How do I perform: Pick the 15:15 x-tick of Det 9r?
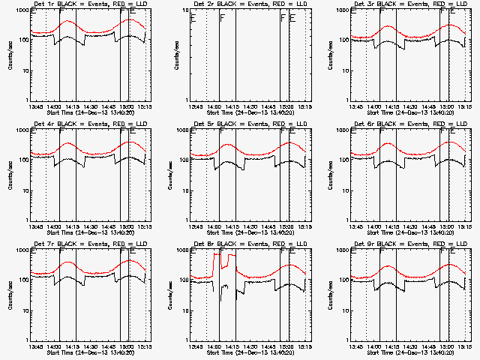tap(464, 346)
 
